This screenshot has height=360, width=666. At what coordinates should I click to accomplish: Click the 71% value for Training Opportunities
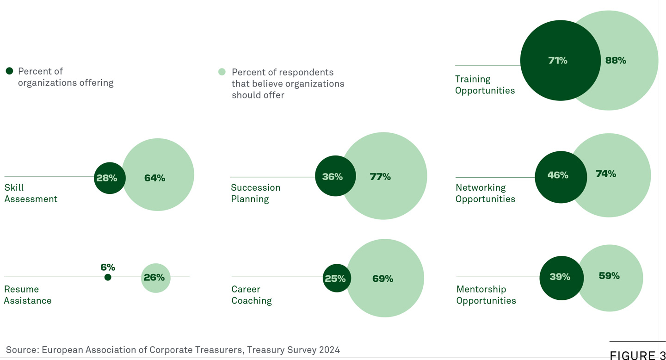[558, 61]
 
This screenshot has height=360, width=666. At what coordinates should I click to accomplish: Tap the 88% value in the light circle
[616, 61]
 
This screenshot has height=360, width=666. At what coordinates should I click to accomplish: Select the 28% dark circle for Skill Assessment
[110, 178]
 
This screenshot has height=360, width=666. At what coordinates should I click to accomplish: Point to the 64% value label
[154, 178]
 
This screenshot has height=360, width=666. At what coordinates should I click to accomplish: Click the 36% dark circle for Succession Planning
[335, 176]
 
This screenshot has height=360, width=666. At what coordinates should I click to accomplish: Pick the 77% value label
[380, 177]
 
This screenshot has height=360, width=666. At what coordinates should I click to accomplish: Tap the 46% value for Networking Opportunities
[558, 175]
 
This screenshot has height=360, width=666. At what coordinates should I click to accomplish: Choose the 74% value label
[606, 174]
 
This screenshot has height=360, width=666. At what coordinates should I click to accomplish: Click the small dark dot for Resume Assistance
[108, 277]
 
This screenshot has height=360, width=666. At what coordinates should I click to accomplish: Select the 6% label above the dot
[108, 267]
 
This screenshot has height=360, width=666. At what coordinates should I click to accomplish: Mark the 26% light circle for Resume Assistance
[155, 278]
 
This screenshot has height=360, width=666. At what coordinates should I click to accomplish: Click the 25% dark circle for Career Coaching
[337, 278]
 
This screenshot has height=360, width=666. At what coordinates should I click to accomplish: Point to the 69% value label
[382, 279]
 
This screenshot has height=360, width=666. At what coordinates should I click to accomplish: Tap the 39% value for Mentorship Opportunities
[560, 277]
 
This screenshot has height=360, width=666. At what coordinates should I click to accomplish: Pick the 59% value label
[609, 276]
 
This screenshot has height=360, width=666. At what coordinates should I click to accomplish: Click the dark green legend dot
[10, 71]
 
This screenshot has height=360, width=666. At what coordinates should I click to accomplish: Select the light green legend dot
[222, 72]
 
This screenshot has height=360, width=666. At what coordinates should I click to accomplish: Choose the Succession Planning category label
[256, 193]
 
